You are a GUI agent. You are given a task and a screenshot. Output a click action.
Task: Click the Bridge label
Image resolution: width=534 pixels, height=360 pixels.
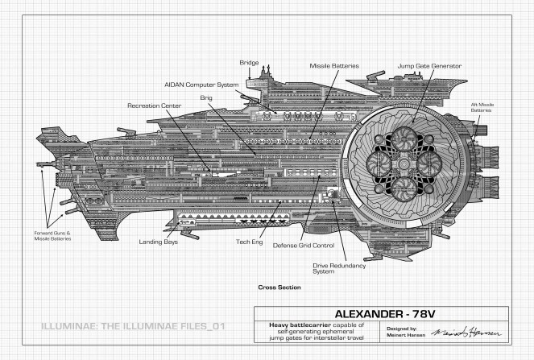tap(249, 63)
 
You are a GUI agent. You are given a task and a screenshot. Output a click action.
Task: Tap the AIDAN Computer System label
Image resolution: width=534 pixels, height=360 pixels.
tap(201, 85)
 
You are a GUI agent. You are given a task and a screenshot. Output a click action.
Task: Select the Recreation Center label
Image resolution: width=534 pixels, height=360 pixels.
tap(155, 106)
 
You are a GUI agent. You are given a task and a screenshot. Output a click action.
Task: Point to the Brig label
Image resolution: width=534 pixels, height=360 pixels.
tap(206, 98)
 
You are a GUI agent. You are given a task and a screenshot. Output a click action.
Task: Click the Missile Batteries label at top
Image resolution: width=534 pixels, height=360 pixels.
tap(334, 66)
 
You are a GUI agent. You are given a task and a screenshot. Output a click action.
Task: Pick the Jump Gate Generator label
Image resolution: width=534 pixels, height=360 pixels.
tap(429, 66)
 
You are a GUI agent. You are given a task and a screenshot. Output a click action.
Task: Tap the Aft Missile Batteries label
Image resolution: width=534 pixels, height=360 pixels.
tap(482, 107)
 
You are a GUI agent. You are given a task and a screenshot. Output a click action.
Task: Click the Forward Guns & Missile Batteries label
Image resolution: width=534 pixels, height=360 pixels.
tap(52, 236)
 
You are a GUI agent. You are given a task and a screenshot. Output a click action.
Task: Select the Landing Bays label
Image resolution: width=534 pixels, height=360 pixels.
tap(159, 242)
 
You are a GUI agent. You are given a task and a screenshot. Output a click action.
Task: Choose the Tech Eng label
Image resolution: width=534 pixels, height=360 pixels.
tap(250, 242)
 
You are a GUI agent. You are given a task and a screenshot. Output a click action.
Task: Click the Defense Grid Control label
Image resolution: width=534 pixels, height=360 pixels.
tap(304, 245)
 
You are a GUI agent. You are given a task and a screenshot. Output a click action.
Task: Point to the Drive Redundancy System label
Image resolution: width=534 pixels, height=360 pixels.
tap(339, 268)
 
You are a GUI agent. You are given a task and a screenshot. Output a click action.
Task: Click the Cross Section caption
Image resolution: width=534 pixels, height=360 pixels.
tap(279, 288)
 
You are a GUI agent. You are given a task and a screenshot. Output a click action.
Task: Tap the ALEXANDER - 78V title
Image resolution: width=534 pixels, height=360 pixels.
tap(385, 313)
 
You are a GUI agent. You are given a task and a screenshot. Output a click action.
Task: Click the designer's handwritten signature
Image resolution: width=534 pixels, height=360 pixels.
tap(466, 332)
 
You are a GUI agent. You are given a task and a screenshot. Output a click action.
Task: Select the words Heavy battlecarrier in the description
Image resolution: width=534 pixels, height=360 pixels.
tap(300, 325)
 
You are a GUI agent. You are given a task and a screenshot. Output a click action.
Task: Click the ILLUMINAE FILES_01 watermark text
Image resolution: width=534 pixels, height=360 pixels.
tap(133, 326)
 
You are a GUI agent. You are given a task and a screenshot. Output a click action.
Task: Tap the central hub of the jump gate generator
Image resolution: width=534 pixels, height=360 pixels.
tap(404, 164)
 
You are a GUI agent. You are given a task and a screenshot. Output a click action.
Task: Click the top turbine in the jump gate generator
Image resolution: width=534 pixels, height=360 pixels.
tap(404, 139)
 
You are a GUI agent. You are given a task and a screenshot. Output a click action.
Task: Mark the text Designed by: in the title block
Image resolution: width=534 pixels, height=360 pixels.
tap(402, 329)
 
